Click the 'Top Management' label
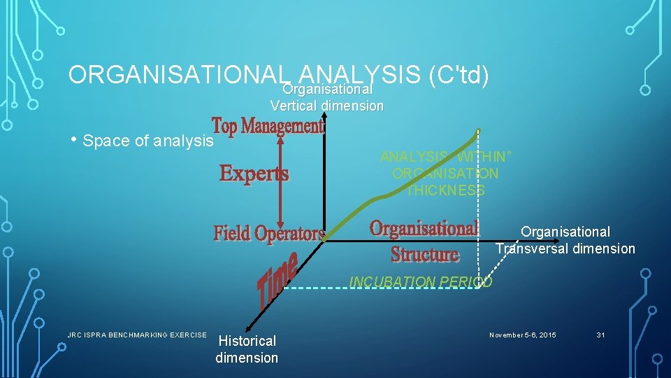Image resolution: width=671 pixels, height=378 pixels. pyautogui.click(x=268, y=127)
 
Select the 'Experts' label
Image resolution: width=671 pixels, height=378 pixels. pyautogui.click(x=254, y=173)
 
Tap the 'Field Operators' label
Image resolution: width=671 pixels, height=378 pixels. pyautogui.click(x=269, y=232)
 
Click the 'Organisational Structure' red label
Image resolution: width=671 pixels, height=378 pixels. pyautogui.click(x=424, y=240)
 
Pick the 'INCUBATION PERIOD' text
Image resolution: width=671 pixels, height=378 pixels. pyautogui.click(x=420, y=281)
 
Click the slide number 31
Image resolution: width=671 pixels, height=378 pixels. pyautogui.click(x=600, y=335)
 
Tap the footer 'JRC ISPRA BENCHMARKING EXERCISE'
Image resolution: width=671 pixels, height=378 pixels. pyautogui.click(x=137, y=335)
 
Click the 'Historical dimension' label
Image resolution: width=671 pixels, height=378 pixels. pyautogui.click(x=247, y=349)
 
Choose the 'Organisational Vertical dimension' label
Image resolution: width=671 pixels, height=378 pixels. pyautogui.click(x=327, y=98)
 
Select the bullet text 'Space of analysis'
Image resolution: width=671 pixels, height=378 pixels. pyautogui.click(x=147, y=141)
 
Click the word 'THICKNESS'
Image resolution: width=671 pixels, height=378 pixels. pyautogui.click(x=446, y=190)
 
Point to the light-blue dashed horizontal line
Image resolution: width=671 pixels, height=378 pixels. pyautogui.click(x=384, y=287)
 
